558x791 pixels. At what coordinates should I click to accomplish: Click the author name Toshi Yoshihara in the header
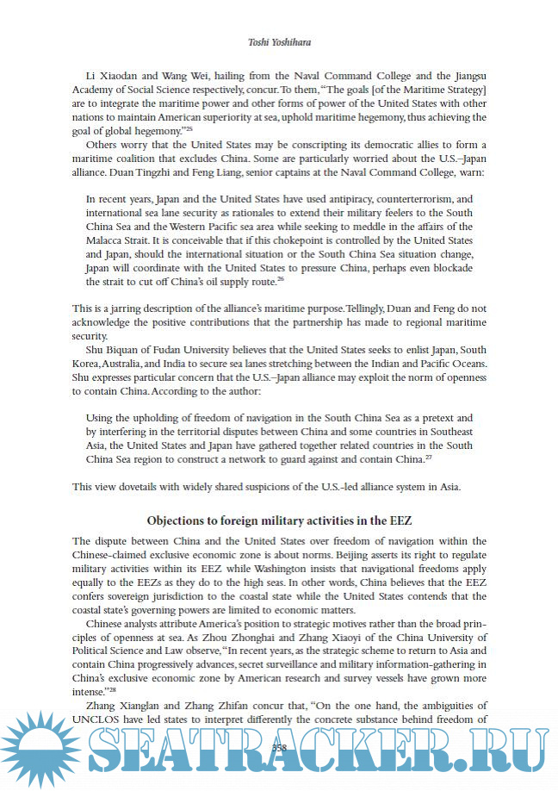(278, 40)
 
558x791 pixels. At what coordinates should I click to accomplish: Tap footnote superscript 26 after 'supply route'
(304, 280)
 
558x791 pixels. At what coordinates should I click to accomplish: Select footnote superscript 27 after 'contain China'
(429, 458)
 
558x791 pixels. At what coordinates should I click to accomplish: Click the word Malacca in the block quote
(107, 239)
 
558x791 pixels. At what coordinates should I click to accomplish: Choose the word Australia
(122, 362)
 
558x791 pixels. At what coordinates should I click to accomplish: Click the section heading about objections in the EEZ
(278, 521)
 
